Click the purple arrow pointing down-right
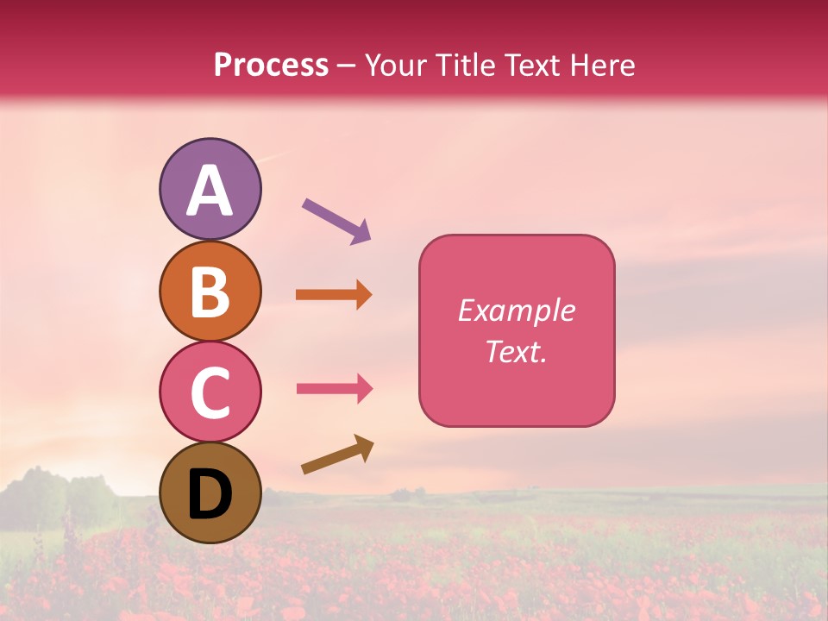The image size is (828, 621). coord(336,220)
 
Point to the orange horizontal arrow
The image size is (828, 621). coord(334,295)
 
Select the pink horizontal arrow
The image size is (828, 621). coord(334,388)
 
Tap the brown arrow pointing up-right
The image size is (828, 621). coord(337,455)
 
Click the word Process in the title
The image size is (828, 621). coord(271,66)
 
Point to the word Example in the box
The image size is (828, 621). coord(517,310)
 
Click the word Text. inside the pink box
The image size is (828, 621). coord(517,352)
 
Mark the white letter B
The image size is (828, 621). coord(210,292)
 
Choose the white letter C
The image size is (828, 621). coord(210,393)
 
